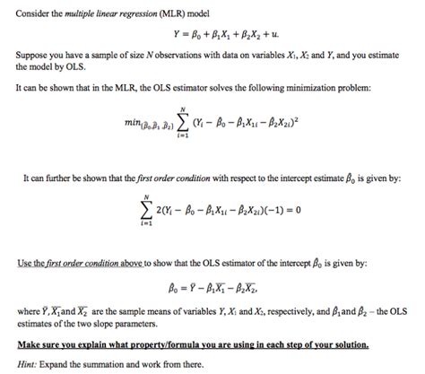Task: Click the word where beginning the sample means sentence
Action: [x=29, y=311]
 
